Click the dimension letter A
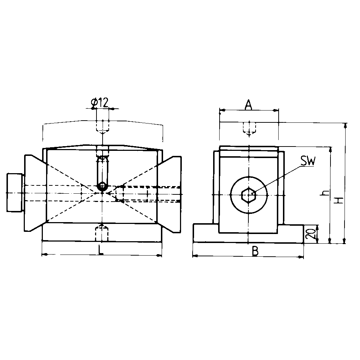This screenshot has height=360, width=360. click(248, 105)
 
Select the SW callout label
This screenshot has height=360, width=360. click(308, 162)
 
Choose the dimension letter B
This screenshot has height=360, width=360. click(255, 251)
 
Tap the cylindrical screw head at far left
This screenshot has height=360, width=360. click(15, 193)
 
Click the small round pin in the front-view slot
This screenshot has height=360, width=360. click(103, 186)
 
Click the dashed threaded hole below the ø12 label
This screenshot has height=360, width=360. click(103, 126)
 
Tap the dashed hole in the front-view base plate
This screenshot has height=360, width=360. click(103, 234)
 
